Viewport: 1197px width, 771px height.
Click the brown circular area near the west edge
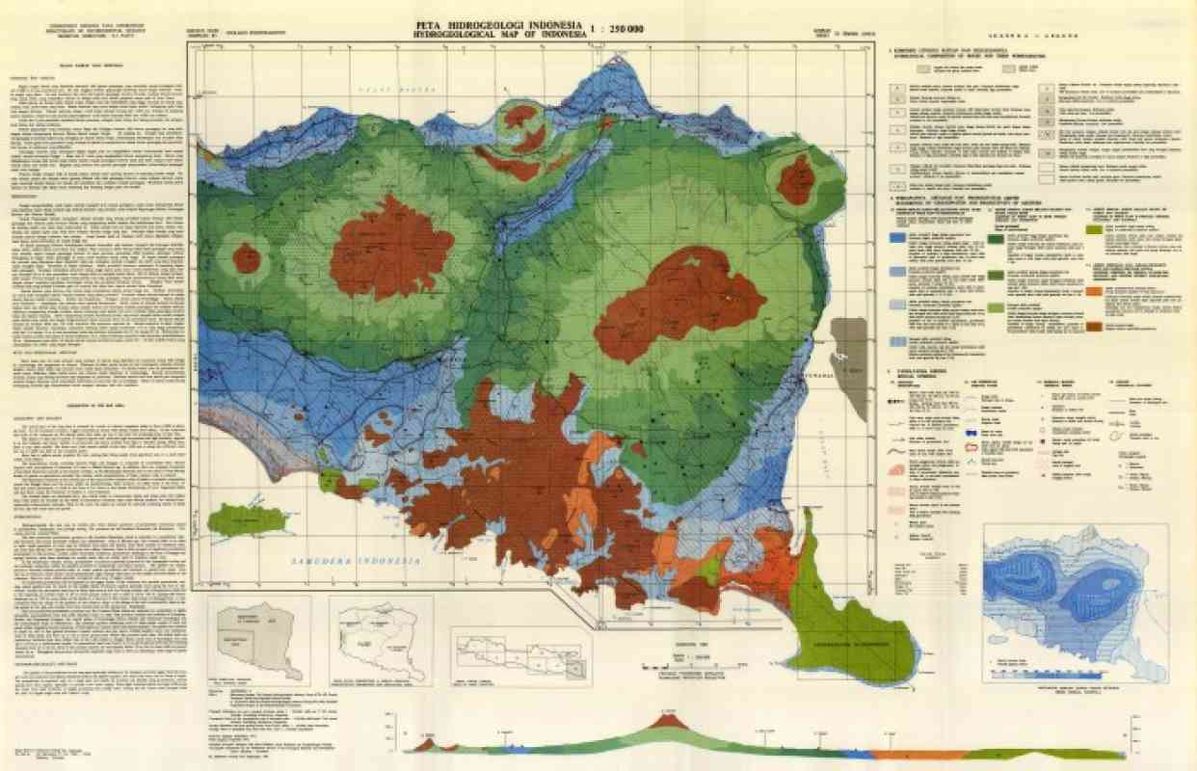click(247, 258)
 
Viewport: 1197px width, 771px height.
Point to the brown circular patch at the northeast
click(796, 180)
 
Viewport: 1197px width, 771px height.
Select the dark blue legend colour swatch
click(896, 237)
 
